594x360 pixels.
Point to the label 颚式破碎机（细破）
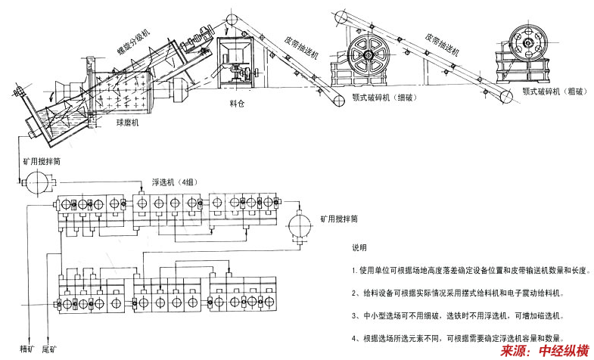tap(387, 98)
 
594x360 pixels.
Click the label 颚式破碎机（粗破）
tap(551, 90)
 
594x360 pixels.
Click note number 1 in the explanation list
tap(470, 270)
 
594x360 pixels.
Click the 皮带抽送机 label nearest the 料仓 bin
tap(303, 47)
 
